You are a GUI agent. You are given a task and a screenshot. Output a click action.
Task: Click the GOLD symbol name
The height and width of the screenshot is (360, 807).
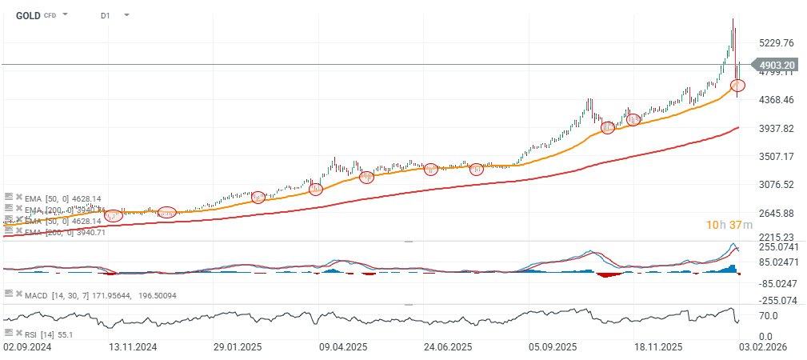(x=28, y=15)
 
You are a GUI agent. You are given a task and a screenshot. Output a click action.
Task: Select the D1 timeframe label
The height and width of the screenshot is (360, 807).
(x=106, y=15)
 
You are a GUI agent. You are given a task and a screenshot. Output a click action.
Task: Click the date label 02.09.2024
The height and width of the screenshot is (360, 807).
(x=28, y=348)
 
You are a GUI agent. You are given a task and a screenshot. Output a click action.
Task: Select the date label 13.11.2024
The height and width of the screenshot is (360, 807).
(x=134, y=348)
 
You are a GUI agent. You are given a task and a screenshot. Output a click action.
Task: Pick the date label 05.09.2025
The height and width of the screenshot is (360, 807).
(x=552, y=348)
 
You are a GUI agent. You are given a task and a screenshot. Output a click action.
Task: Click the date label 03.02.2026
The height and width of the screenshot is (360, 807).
(x=761, y=348)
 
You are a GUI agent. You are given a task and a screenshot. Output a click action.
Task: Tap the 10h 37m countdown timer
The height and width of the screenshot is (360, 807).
(x=729, y=225)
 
